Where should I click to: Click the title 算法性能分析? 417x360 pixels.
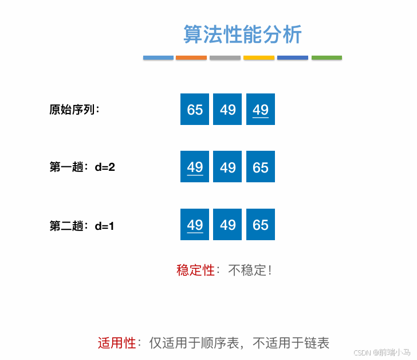(242, 34)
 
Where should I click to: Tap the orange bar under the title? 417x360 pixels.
(191, 58)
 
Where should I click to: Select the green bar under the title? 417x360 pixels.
(326, 58)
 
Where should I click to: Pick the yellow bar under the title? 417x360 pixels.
(259, 58)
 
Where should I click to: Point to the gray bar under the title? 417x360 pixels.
(225, 58)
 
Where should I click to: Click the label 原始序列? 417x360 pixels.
(74, 109)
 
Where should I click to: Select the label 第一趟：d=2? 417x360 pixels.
(82, 167)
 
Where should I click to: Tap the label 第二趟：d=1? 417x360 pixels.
(82, 226)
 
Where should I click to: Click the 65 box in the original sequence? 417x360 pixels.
(195, 109)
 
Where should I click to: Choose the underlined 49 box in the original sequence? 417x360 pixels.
(261, 109)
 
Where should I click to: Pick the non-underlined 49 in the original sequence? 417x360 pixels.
(228, 109)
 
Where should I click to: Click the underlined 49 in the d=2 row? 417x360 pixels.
(195, 167)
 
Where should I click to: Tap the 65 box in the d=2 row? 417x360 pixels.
(261, 167)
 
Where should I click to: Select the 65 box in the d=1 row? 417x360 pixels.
(261, 225)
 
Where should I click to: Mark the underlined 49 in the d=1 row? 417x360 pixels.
(195, 225)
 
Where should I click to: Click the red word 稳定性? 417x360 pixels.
(195, 270)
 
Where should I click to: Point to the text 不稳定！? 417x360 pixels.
(250, 270)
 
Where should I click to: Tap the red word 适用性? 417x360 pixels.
(117, 343)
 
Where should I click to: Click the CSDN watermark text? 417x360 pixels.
(382, 352)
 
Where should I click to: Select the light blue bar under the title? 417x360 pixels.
(158, 58)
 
